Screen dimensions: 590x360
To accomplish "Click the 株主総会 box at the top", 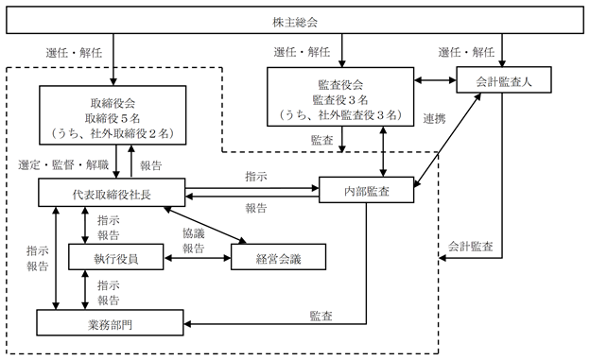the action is (295, 20).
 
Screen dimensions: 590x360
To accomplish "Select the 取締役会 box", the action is (113, 115).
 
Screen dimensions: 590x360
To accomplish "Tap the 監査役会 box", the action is (340, 96).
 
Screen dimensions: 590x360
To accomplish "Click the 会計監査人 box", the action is (504, 79).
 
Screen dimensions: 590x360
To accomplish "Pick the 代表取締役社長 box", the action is (112, 192).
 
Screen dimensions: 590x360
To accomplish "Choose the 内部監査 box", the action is (367, 190).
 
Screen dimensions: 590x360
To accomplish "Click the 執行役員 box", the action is (116, 257).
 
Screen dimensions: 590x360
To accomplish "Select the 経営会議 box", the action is (278, 257).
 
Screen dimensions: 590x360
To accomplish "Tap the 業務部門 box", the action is (110, 323).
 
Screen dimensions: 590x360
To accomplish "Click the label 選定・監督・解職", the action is (63, 164).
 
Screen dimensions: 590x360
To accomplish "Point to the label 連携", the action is (435, 118).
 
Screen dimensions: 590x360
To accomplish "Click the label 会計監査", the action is (470, 247).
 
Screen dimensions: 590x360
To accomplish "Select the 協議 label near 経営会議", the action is (194, 233).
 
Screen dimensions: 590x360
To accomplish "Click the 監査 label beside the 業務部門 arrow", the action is (321, 316).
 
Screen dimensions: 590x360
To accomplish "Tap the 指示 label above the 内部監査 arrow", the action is (256, 176).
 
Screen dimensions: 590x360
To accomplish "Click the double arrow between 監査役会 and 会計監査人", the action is (435, 80).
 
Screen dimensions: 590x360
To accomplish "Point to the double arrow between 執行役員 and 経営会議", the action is (198, 258).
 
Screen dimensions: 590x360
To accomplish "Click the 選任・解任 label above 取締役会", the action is (74, 53).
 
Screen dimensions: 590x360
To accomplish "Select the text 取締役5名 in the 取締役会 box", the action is (113, 118).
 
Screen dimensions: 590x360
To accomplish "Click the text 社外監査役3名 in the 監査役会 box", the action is (357, 114).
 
